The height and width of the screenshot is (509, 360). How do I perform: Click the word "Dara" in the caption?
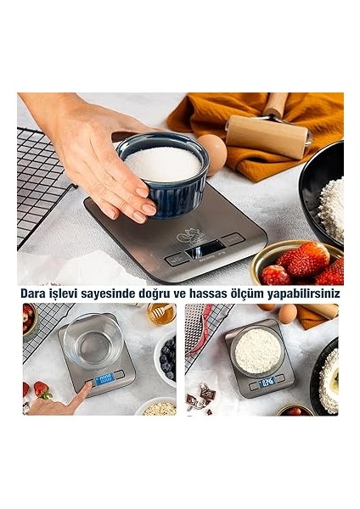click(37, 293)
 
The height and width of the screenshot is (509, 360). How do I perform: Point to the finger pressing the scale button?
click(84, 389)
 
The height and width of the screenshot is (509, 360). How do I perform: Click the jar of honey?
click(160, 314)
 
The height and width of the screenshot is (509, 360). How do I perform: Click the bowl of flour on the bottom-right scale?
click(258, 350)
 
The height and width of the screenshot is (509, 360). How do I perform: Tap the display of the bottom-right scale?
click(270, 383)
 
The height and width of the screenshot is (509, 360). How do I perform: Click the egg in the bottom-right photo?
click(287, 313)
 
